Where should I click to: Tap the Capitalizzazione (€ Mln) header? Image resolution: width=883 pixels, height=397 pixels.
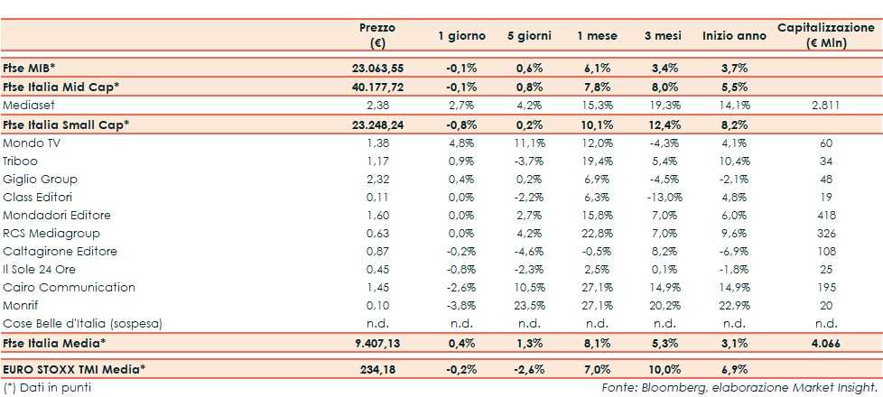point(825,36)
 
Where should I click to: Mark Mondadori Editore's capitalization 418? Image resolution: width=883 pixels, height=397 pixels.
point(825,215)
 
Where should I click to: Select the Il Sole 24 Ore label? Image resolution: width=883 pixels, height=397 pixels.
point(42,269)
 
